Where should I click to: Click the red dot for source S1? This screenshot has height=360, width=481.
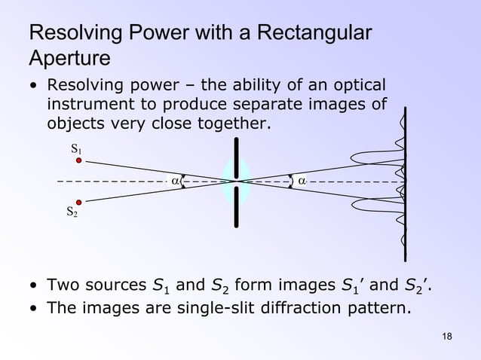78,160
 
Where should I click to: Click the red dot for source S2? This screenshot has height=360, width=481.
78,201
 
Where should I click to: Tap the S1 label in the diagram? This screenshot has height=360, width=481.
77,149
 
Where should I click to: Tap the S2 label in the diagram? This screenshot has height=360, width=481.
72,213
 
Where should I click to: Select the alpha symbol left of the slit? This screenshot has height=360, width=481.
175,181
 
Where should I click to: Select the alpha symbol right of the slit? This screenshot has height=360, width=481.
302,181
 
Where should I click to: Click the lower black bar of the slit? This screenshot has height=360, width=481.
237,206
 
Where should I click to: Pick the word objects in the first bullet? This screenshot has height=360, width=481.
76,123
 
